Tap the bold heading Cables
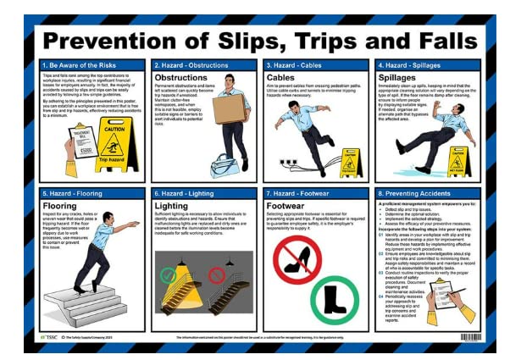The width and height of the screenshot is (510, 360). [282, 77]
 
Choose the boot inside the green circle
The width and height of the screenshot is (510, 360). [335, 300]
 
